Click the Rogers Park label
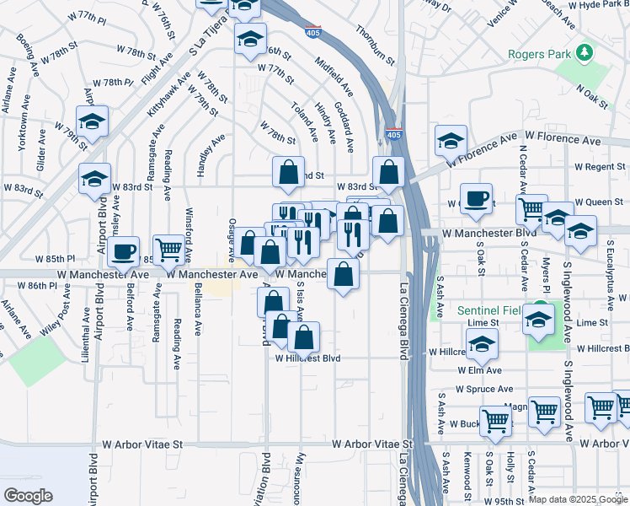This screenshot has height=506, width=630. (538, 55)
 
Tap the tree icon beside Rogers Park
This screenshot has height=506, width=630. (584, 54)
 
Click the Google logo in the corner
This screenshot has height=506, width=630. (28, 496)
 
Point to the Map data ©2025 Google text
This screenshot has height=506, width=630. (578, 499)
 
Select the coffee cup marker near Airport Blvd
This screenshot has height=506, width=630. (123, 251)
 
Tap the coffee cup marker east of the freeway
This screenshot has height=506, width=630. (476, 198)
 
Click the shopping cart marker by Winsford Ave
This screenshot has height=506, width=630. (169, 249)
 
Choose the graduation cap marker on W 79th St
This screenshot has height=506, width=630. (92, 121)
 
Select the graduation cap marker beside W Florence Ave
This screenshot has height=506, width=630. (451, 140)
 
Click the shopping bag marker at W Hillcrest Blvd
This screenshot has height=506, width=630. (303, 336)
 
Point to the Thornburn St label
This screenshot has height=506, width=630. (376, 45)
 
